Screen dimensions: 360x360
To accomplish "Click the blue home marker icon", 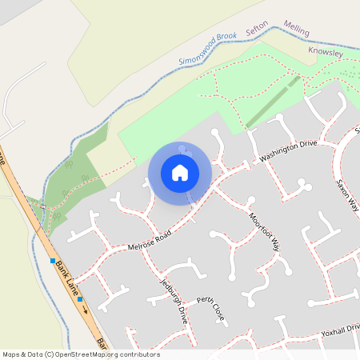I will tap(180, 173).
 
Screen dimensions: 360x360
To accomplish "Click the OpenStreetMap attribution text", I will tap(81, 354).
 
